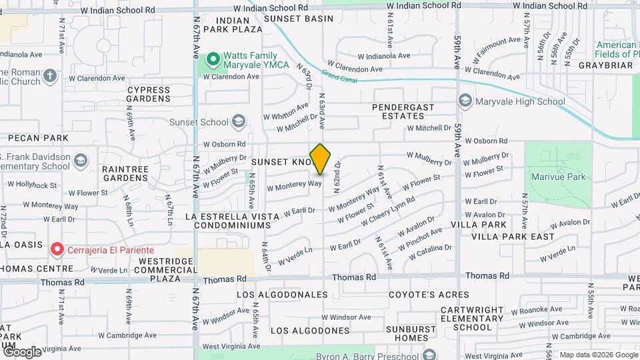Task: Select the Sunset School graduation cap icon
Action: point(239,121)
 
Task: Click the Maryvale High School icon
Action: point(465,101)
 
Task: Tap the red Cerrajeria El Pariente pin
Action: point(57,249)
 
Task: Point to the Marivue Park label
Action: point(558,177)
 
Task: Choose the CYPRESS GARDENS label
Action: point(149,93)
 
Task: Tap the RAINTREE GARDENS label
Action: point(125,174)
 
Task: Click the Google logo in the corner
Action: point(22,351)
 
